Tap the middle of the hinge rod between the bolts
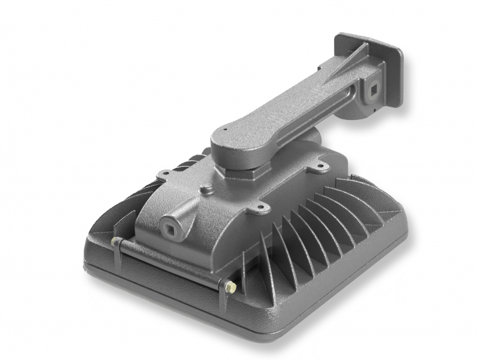173,264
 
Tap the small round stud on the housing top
207,189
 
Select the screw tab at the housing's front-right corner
261,208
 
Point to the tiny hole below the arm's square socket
373,109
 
